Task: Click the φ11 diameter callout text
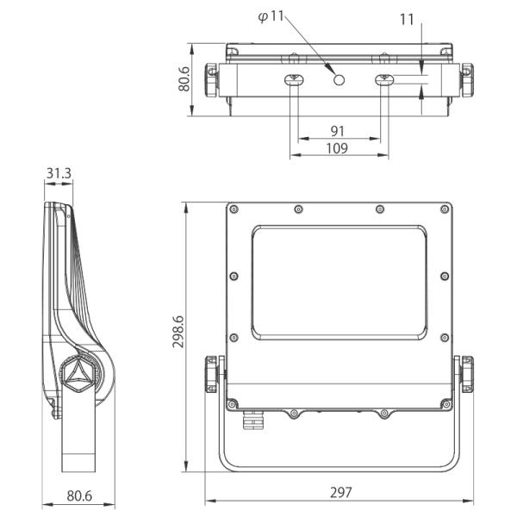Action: [x=271, y=16]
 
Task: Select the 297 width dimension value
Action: [x=341, y=493]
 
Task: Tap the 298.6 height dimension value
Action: [x=178, y=332]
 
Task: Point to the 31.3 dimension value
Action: [x=59, y=173]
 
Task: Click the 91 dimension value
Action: [x=337, y=131]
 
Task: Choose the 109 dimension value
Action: [x=337, y=148]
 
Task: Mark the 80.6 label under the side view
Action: [x=79, y=496]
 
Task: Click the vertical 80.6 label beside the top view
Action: [x=184, y=79]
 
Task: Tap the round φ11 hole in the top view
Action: [x=339, y=80]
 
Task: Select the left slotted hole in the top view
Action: [x=294, y=80]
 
